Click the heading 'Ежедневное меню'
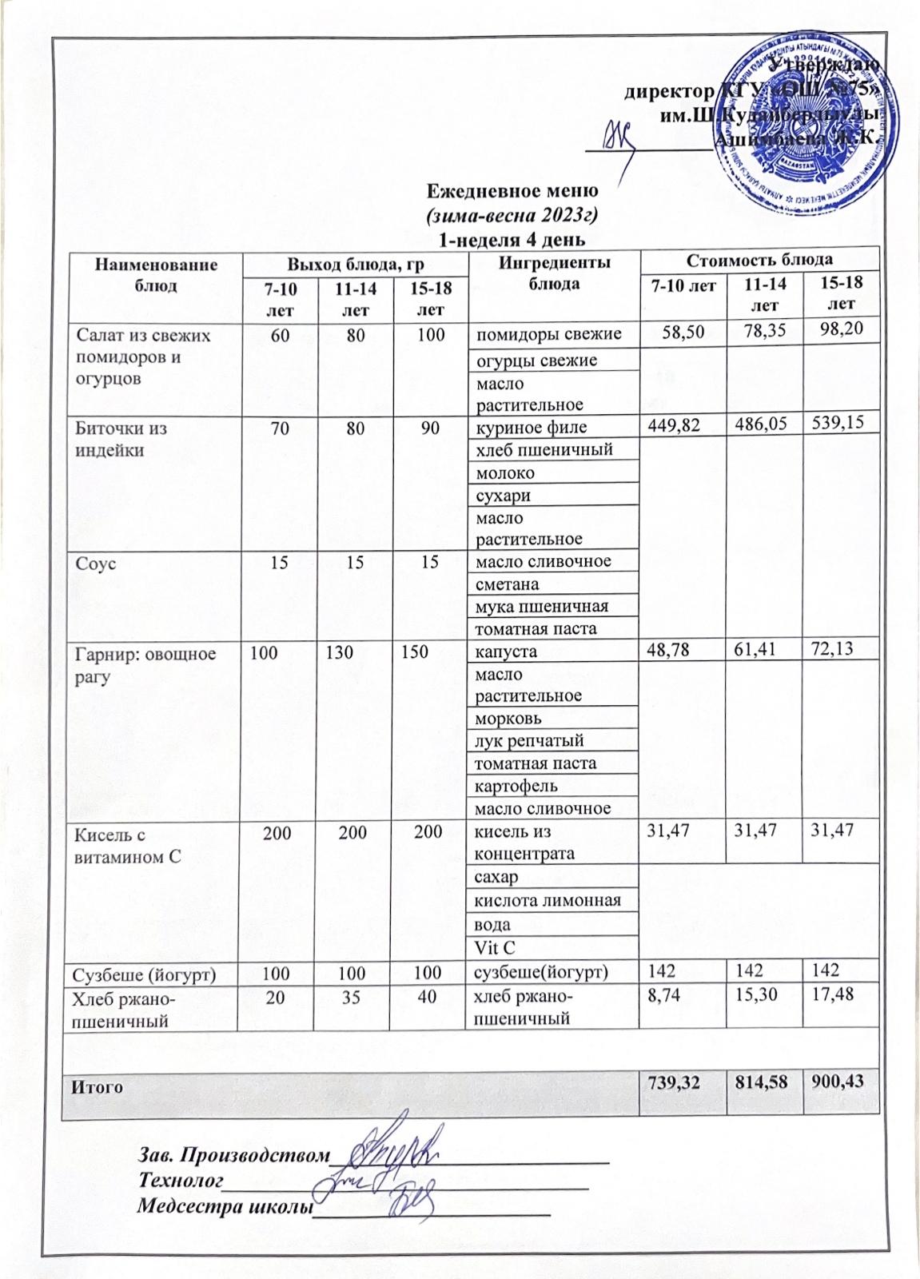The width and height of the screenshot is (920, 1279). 512,191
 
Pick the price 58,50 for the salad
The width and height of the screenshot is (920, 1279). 682,331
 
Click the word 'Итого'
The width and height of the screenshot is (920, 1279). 98,1086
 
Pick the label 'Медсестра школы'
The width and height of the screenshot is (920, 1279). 223,1205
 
